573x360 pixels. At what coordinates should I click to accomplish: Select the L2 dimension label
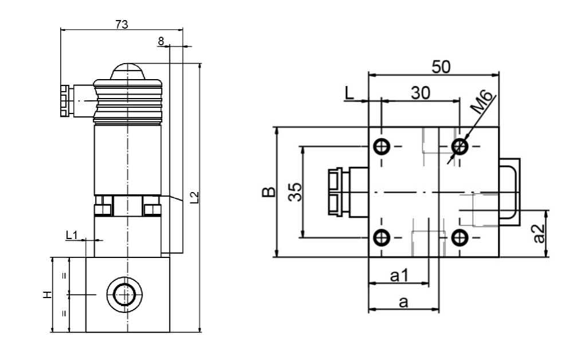point(194,198)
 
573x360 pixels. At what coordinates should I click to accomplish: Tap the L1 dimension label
point(72,234)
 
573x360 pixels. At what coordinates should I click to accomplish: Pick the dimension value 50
point(441,66)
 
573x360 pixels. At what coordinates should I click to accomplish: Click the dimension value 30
point(421,93)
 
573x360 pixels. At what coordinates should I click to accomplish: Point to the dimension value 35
point(295,191)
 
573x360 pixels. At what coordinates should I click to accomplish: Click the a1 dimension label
point(399,276)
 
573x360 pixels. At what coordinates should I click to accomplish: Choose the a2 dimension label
point(539,233)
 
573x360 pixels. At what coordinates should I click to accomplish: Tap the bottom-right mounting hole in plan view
point(460,236)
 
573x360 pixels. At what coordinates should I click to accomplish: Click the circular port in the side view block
point(123,295)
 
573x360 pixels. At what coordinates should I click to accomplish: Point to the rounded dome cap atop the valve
point(127,71)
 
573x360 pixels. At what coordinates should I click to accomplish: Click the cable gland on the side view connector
point(64,101)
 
